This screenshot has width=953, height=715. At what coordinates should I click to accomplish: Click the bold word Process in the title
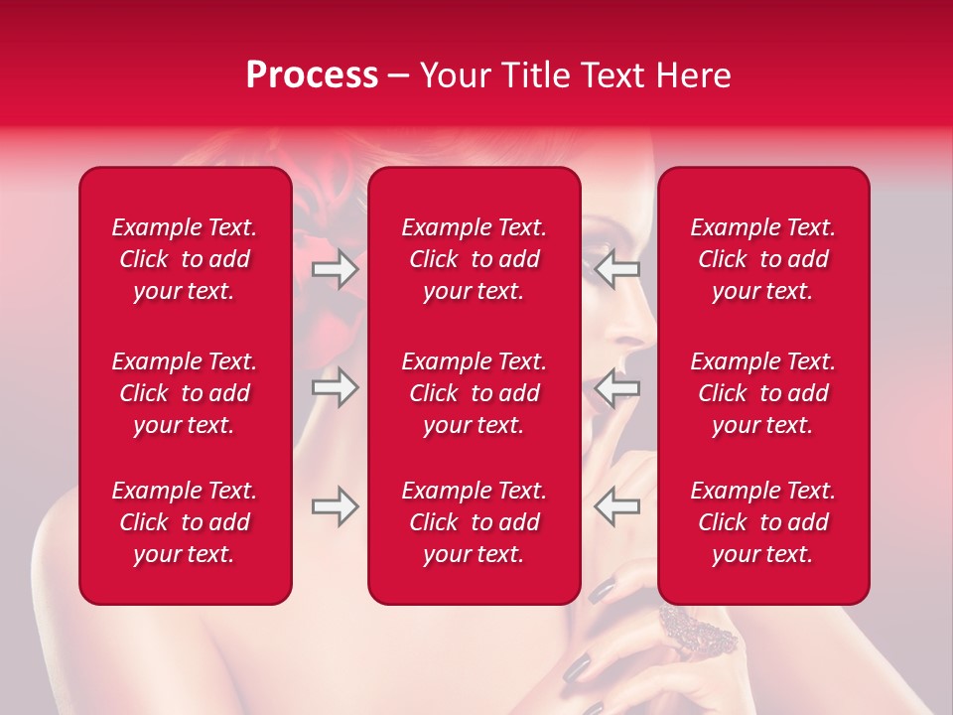tap(312, 75)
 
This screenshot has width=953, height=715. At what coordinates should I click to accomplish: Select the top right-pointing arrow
tap(336, 269)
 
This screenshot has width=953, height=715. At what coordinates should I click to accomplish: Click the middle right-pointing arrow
tap(336, 387)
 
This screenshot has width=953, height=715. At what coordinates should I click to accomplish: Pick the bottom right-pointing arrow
tap(336, 506)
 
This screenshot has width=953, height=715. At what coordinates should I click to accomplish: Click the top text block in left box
tap(185, 259)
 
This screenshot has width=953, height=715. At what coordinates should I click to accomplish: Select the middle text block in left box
tap(185, 393)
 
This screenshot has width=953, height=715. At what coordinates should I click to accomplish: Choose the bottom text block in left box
tap(185, 522)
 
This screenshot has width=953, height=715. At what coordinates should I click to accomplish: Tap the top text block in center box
tap(474, 259)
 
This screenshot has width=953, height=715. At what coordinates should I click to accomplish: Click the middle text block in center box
tap(474, 393)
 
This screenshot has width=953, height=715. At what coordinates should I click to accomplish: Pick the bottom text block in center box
tap(474, 522)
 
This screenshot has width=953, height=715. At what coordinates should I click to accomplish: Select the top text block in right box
tap(762, 259)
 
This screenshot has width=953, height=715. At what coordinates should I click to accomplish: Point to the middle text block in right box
tap(762, 393)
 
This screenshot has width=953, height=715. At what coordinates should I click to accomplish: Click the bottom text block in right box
tap(762, 522)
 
